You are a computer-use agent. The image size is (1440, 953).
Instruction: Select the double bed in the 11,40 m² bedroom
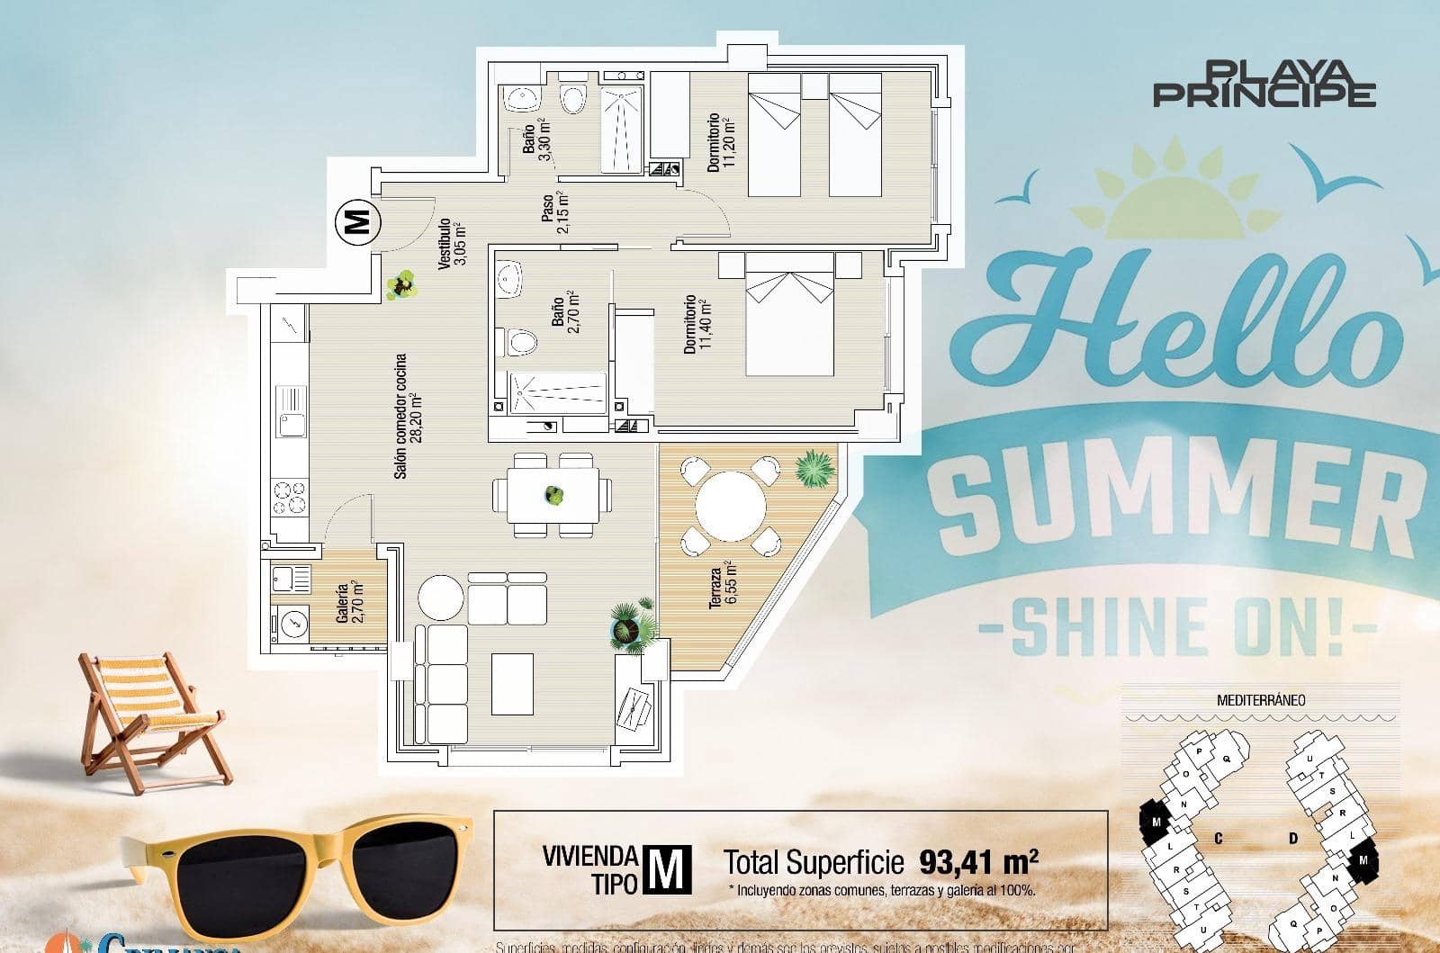coord(789,313)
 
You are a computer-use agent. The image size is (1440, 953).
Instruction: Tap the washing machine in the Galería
coord(291,621)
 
